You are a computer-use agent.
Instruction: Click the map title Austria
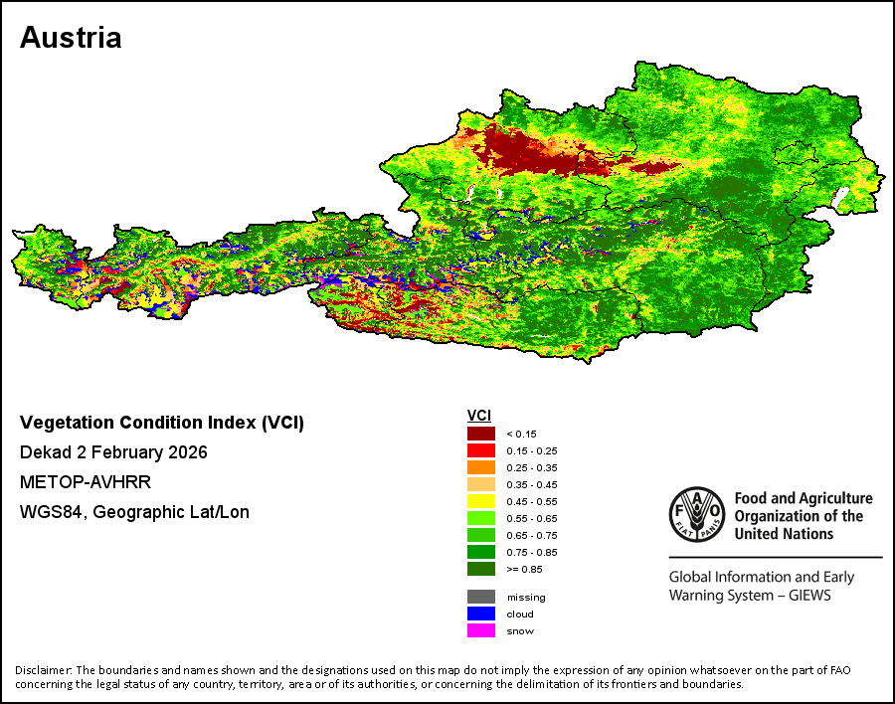point(71,38)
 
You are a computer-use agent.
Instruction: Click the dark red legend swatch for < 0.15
point(480,434)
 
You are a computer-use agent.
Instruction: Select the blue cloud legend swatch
point(480,614)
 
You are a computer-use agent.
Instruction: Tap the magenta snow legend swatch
point(480,631)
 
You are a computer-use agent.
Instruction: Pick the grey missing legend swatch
point(480,597)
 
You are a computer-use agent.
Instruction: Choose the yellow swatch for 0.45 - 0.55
point(480,501)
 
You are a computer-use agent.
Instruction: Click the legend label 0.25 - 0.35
point(531,467)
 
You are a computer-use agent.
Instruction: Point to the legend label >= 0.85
point(524,569)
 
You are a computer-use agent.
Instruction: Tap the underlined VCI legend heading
point(479,416)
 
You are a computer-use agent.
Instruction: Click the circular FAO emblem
point(697,514)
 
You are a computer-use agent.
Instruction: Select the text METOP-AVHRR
point(86,482)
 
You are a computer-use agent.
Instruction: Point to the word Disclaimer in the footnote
point(43,670)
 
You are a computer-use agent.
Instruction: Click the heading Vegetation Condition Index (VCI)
point(162,423)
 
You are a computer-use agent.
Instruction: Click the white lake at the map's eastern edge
point(840,197)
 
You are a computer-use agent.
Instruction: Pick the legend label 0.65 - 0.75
point(531,536)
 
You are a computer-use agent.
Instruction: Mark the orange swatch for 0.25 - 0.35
point(480,467)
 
